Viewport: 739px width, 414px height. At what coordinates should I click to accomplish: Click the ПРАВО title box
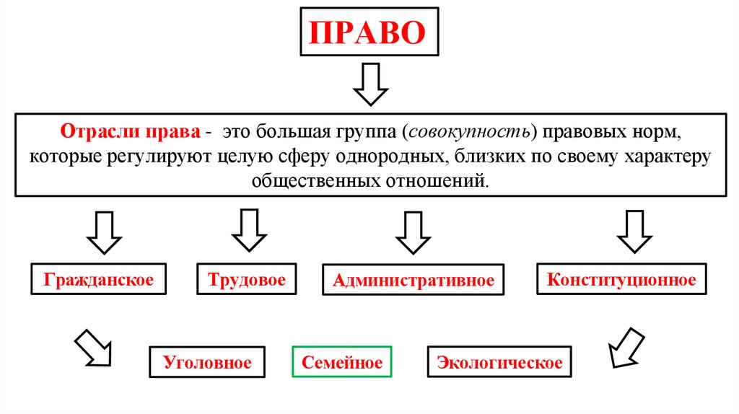(x=369, y=32)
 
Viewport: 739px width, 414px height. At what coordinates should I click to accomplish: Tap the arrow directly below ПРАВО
(x=370, y=84)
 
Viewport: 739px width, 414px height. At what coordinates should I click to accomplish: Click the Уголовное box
(x=207, y=362)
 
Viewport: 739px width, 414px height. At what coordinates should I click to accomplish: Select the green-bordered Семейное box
(x=342, y=362)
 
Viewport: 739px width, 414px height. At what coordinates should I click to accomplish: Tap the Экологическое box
(x=499, y=362)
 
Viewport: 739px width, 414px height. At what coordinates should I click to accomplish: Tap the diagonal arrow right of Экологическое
(x=625, y=347)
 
